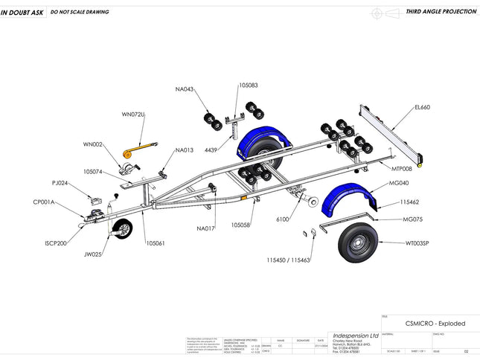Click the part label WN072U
[133, 115]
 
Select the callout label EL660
[422, 107]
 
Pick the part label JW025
[92, 254]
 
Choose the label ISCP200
[56, 243]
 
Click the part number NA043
[185, 89]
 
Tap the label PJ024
[60, 183]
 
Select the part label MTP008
[402, 169]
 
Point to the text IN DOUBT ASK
[22, 13]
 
